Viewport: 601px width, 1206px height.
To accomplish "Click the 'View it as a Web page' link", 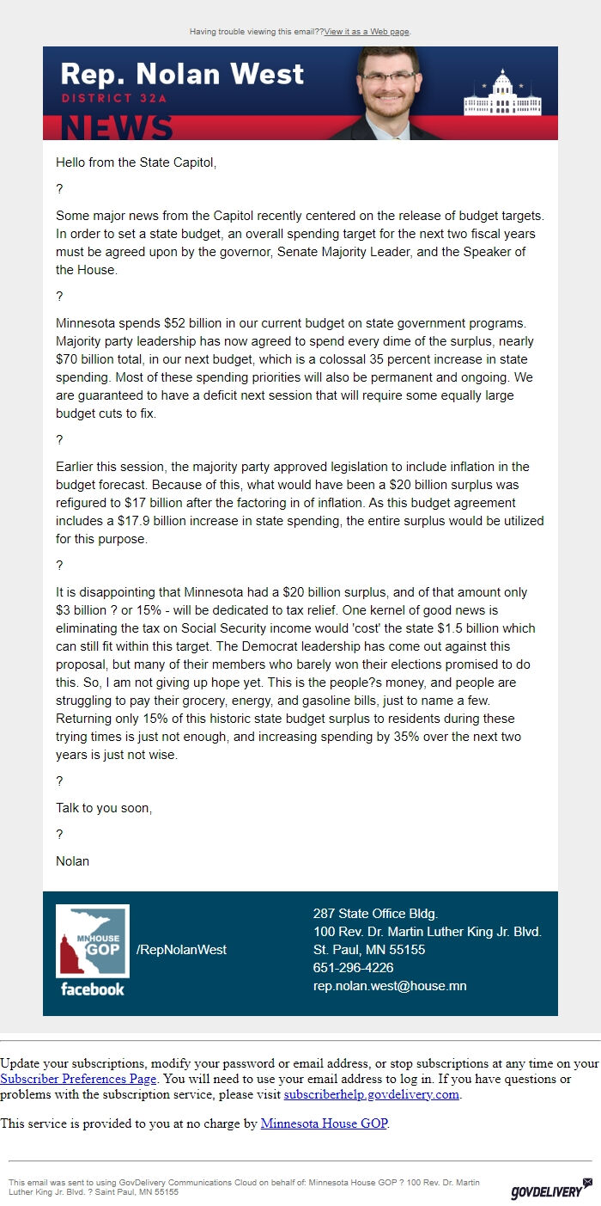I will tap(367, 32).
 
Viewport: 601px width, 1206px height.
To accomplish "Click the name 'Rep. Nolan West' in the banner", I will tap(182, 74).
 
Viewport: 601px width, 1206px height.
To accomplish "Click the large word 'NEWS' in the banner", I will tap(117, 127).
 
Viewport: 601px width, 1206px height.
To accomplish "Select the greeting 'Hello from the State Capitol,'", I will tap(136, 162).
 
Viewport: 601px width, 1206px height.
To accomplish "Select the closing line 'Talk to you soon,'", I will tap(104, 808).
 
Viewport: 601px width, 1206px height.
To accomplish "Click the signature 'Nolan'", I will tap(72, 860).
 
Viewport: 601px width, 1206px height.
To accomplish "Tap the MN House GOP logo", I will tap(93, 941).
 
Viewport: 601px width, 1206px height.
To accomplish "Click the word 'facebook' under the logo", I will tap(93, 989).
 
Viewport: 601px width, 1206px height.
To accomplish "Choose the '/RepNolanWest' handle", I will tap(181, 950).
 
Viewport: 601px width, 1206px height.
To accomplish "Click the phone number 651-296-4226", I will tap(353, 968).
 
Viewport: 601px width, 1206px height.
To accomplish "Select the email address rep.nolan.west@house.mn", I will tap(390, 986).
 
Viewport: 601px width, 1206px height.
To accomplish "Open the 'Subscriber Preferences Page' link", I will tap(78, 1079).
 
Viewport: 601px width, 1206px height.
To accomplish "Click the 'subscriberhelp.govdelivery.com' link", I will tap(372, 1094).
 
